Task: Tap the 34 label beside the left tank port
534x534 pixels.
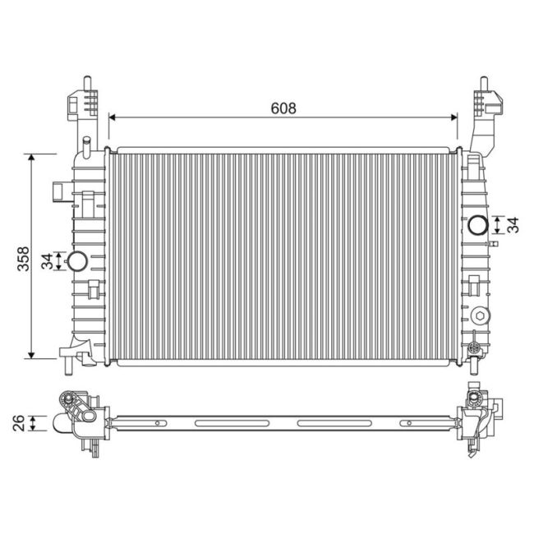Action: (x=48, y=261)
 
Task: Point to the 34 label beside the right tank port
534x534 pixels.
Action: (x=512, y=224)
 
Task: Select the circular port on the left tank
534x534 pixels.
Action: (x=76, y=261)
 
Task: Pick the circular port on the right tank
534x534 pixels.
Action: (x=476, y=224)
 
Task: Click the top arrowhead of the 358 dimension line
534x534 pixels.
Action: (x=31, y=157)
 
